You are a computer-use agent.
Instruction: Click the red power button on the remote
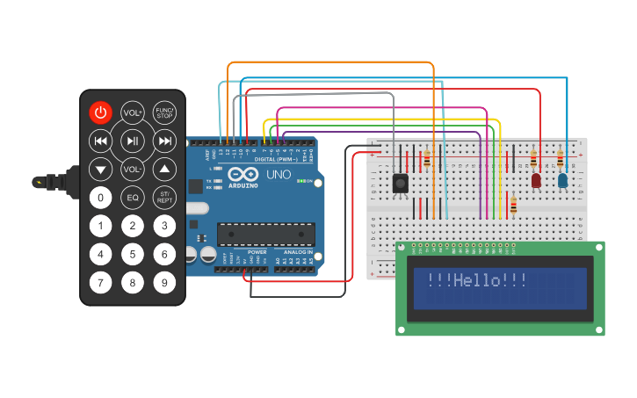[100, 112]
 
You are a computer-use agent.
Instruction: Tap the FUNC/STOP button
[164, 112]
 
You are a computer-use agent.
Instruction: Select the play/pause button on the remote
[133, 141]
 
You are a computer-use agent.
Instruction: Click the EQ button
[133, 198]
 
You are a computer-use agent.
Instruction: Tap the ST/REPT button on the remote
[164, 198]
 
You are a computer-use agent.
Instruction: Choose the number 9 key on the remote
[164, 283]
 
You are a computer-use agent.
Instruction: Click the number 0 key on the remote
[100, 198]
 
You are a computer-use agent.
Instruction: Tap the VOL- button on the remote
[133, 169]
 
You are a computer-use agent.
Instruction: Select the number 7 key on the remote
[100, 283]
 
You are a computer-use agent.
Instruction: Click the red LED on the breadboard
[536, 180]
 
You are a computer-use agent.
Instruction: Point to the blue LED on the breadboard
[562, 180]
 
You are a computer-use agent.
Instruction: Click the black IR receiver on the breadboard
[401, 183]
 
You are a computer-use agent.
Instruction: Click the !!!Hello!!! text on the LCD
[477, 280]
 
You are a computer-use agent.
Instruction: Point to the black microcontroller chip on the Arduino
[265, 235]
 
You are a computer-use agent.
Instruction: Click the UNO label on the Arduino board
[278, 175]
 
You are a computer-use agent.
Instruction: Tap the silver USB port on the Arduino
[197, 209]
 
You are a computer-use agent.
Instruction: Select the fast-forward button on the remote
[164, 141]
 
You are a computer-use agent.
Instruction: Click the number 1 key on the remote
[100, 226]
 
